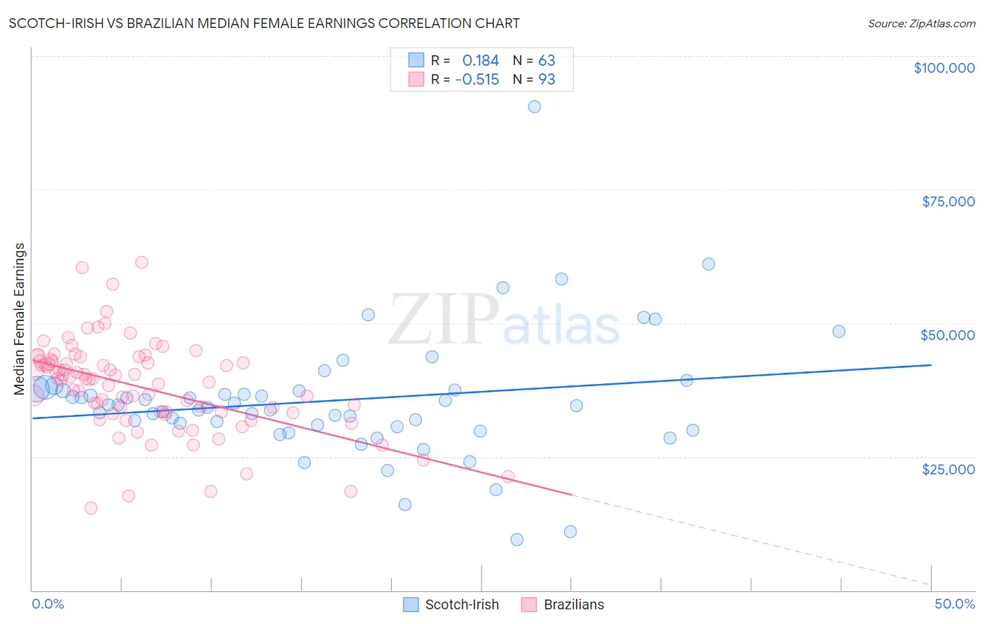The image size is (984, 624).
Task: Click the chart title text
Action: click(264, 23)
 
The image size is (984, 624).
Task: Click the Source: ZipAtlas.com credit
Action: click(921, 23)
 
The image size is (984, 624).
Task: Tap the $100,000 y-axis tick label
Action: click(943, 68)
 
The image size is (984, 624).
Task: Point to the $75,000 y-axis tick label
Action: click(948, 201)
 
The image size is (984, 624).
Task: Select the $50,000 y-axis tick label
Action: click(948, 335)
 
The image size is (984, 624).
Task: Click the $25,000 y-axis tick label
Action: click(948, 469)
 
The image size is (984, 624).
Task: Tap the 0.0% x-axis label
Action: click(48, 604)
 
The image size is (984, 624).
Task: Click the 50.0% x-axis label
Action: click(954, 604)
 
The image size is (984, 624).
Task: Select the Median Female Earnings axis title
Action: click(20, 319)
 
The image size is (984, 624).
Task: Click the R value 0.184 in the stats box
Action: click(480, 61)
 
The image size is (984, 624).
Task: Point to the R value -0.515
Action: click(477, 80)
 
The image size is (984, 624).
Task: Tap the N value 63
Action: click(546, 61)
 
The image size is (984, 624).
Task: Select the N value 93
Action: click(546, 80)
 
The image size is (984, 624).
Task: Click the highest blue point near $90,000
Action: click(534, 106)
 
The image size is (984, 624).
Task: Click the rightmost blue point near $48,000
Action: click(838, 332)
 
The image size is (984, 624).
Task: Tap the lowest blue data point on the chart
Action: click(516, 539)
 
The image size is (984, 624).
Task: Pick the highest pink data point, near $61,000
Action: click(141, 262)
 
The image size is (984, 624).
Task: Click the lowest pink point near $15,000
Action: click(90, 508)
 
